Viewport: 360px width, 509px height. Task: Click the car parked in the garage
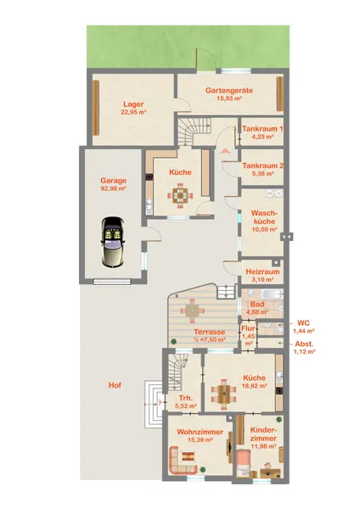point(113,242)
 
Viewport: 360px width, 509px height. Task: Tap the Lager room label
point(133,104)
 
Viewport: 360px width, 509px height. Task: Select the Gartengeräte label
point(229,91)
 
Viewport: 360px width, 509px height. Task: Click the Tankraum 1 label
point(262,129)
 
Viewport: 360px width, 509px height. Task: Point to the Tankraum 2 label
point(262,166)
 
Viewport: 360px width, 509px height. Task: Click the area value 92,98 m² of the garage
point(114,188)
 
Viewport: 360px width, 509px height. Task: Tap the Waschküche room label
point(264,217)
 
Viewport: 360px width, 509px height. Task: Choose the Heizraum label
point(262,271)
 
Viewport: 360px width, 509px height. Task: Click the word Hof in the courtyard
point(115,385)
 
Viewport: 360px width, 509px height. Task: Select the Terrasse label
point(210,332)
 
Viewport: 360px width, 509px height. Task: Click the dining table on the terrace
point(193,311)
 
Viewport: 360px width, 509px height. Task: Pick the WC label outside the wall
point(303,323)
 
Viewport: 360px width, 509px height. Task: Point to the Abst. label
point(304,344)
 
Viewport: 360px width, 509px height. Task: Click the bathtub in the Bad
point(272,294)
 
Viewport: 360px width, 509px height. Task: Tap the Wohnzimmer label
point(200,432)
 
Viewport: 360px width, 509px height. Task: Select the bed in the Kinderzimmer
point(244,463)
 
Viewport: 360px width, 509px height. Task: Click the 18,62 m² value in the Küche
point(255,386)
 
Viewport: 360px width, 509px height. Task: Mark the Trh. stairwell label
point(186,399)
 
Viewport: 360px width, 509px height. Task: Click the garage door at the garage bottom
point(112,282)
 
